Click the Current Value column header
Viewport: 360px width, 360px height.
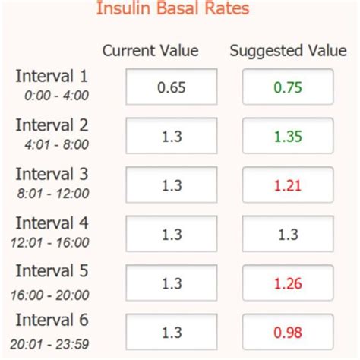click(150, 51)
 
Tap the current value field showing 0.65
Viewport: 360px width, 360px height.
click(171, 87)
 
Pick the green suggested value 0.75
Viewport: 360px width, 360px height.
click(288, 87)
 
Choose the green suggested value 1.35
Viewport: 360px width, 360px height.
click(288, 136)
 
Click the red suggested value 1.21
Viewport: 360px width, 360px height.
click(288, 185)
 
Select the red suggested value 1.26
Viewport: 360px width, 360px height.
click(288, 283)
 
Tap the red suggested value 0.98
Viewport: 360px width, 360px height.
click(288, 332)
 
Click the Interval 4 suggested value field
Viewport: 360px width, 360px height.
click(288, 235)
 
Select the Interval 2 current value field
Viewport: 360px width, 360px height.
click(171, 136)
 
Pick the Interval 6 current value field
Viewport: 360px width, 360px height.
click(171, 332)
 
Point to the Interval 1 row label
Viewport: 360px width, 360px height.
click(52, 76)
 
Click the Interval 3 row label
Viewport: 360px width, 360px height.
click(52, 175)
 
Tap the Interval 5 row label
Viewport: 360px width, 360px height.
click(52, 272)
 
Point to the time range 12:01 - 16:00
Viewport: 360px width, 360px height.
click(52, 242)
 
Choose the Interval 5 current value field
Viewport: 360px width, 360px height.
click(171, 283)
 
